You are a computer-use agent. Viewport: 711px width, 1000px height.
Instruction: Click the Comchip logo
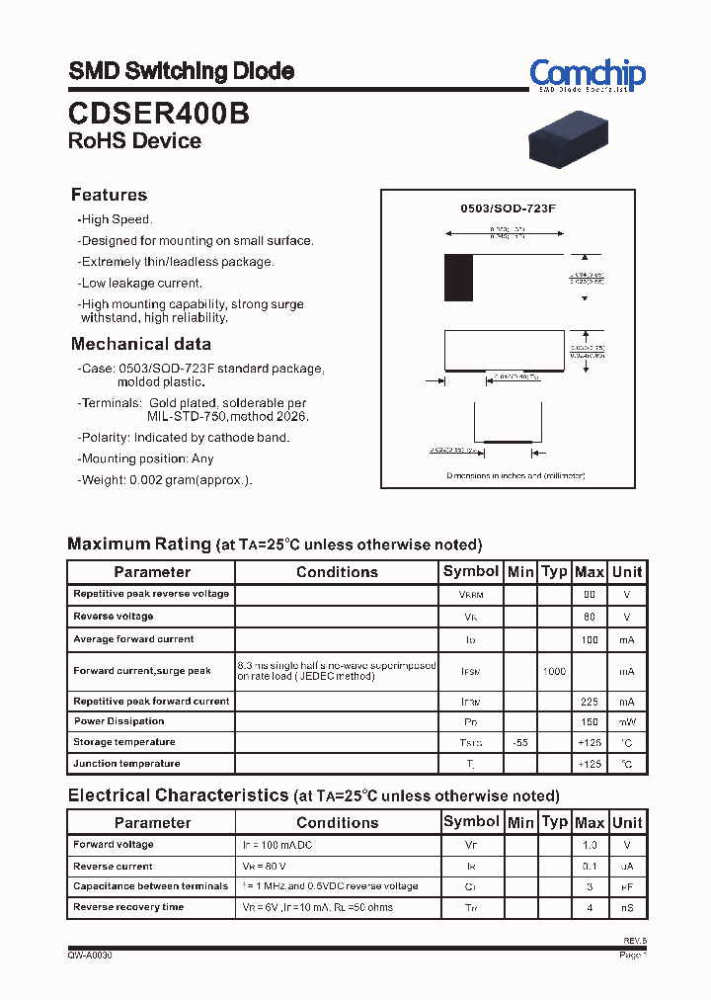pyautogui.click(x=587, y=75)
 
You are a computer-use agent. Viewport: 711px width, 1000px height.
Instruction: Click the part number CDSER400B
pyautogui.click(x=158, y=114)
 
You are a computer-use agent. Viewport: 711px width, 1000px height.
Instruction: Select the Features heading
pyautogui.click(x=109, y=195)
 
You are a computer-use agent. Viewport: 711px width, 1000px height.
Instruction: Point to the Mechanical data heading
pyautogui.click(x=140, y=344)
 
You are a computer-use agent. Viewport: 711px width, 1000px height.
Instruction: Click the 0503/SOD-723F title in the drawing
pyautogui.click(x=509, y=208)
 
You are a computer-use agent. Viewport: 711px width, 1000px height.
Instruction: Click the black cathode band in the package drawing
pyautogui.click(x=458, y=278)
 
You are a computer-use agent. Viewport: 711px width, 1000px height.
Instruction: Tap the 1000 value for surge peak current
pyautogui.click(x=554, y=672)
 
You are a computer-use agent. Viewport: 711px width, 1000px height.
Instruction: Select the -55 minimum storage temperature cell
pyautogui.click(x=519, y=742)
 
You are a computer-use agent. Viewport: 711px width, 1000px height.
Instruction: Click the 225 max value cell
pyautogui.click(x=589, y=702)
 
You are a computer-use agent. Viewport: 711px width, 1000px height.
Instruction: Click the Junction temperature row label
pyautogui.click(x=126, y=763)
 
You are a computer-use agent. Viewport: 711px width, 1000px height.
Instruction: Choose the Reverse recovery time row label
pyautogui.click(x=128, y=907)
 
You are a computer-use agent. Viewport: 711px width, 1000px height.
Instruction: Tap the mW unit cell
pyautogui.click(x=626, y=721)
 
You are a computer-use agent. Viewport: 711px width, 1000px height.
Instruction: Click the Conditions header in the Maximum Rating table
pyautogui.click(x=337, y=572)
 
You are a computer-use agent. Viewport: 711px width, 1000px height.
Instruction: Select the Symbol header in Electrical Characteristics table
pyautogui.click(x=471, y=821)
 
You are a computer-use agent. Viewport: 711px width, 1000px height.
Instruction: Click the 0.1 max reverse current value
pyautogui.click(x=589, y=866)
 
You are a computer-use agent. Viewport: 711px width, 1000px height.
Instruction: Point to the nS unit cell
pyautogui.click(x=626, y=907)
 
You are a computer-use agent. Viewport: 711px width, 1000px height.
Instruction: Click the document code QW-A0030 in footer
pyautogui.click(x=90, y=956)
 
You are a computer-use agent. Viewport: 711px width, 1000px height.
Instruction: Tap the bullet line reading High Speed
pyautogui.click(x=116, y=219)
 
